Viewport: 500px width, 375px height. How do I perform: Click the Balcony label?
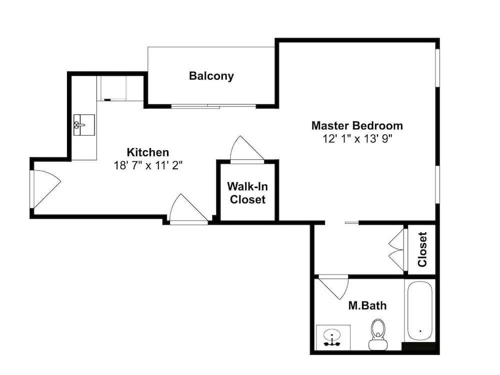[x=211, y=76]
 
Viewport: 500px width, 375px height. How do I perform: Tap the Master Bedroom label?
[x=357, y=125]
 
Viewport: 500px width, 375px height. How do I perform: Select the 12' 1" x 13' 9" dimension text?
[x=357, y=139]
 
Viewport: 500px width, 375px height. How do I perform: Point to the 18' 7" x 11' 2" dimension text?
[x=148, y=166]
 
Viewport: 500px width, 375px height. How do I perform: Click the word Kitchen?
[x=148, y=152]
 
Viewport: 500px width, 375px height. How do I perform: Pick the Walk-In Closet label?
[x=247, y=193]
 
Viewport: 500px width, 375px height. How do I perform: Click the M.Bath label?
[x=367, y=306]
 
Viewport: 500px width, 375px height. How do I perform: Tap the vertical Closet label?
[x=422, y=249]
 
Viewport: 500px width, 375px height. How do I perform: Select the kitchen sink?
[x=84, y=125]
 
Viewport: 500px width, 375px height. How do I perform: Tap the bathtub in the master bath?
[x=420, y=311]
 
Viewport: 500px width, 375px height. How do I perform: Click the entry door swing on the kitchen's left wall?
[x=45, y=189]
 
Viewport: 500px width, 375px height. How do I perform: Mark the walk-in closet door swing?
[x=247, y=150]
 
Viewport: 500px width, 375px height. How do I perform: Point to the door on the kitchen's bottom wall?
[x=189, y=209]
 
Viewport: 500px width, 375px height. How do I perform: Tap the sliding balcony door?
[x=213, y=106]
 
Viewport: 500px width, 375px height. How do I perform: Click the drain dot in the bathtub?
[x=420, y=331]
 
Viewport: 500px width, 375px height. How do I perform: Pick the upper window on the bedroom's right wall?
[x=437, y=67]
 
